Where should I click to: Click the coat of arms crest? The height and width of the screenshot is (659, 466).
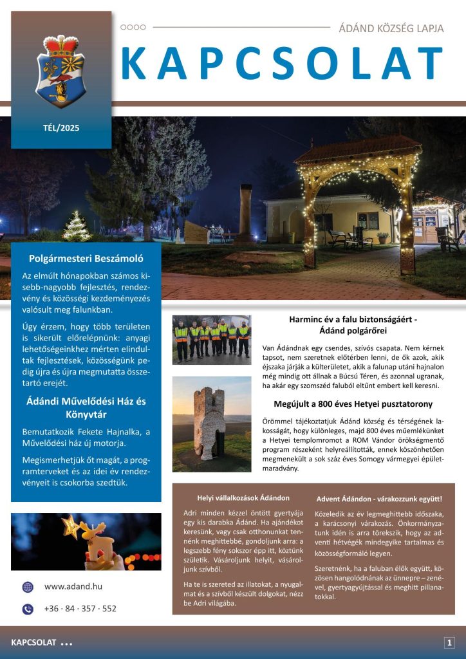(61, 70)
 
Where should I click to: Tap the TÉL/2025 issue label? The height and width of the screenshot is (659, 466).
(61, 127)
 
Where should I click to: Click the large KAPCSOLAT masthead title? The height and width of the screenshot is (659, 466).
(282, 65)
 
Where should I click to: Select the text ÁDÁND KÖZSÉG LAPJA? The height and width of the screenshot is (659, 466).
(391, 28)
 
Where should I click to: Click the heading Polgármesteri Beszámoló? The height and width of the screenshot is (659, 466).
(86, 259)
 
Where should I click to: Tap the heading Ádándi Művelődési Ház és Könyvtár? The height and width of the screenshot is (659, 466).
(86, 407)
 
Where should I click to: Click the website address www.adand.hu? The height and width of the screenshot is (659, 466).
(73, 586)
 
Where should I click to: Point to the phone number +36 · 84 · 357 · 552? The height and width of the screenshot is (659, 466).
(80, 608)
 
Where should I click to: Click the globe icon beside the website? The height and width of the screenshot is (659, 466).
(28, 587)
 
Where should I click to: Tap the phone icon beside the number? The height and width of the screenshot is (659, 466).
(28, 609)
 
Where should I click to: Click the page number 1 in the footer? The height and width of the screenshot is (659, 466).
(449, 642)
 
